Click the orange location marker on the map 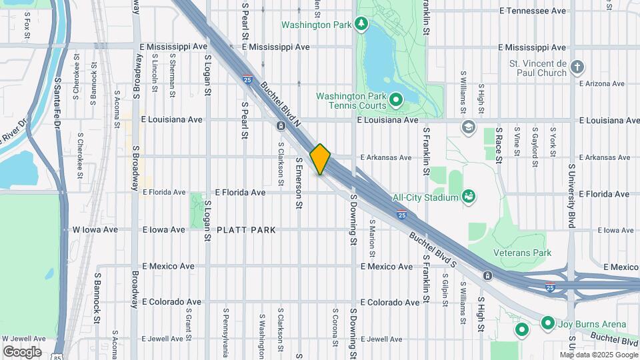coord(321,159)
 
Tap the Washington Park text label coord(316,25)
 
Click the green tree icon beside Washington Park coord(362,25)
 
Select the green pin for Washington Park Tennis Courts coord(395,101)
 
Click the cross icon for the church coord(577,67)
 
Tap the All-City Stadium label coord(425,197)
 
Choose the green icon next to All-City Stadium coord(469,196)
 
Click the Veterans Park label coord(522,253)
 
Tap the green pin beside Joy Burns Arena coord(548,324)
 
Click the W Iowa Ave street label coord(95,229)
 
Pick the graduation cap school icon coord(469,126)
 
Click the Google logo coord(22,352)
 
